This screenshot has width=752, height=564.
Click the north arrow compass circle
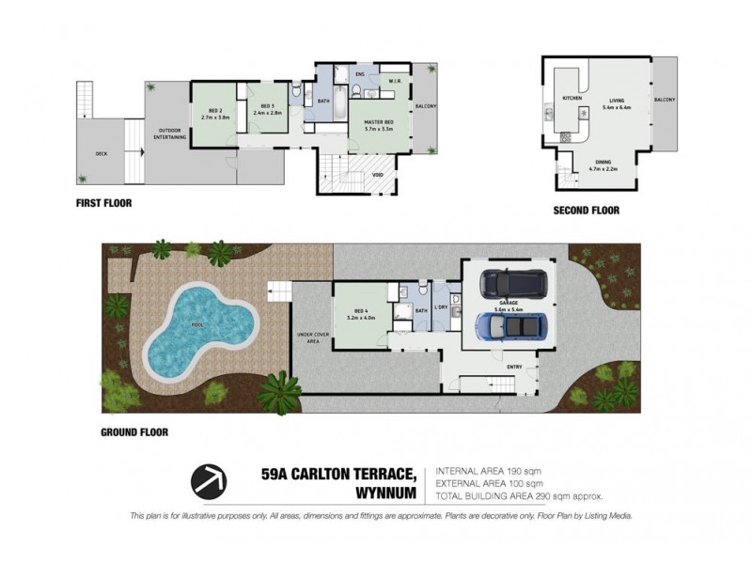(210, 480)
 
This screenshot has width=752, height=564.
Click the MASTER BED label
(378, 121)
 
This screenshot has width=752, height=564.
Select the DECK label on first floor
(101, 153)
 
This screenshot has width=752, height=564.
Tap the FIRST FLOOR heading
(104, 202)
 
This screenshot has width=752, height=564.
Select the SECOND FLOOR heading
(586, 211)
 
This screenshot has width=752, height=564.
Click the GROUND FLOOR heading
(134, 433)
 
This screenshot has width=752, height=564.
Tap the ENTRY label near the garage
(514, 367)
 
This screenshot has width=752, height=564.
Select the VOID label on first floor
(377, 174)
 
